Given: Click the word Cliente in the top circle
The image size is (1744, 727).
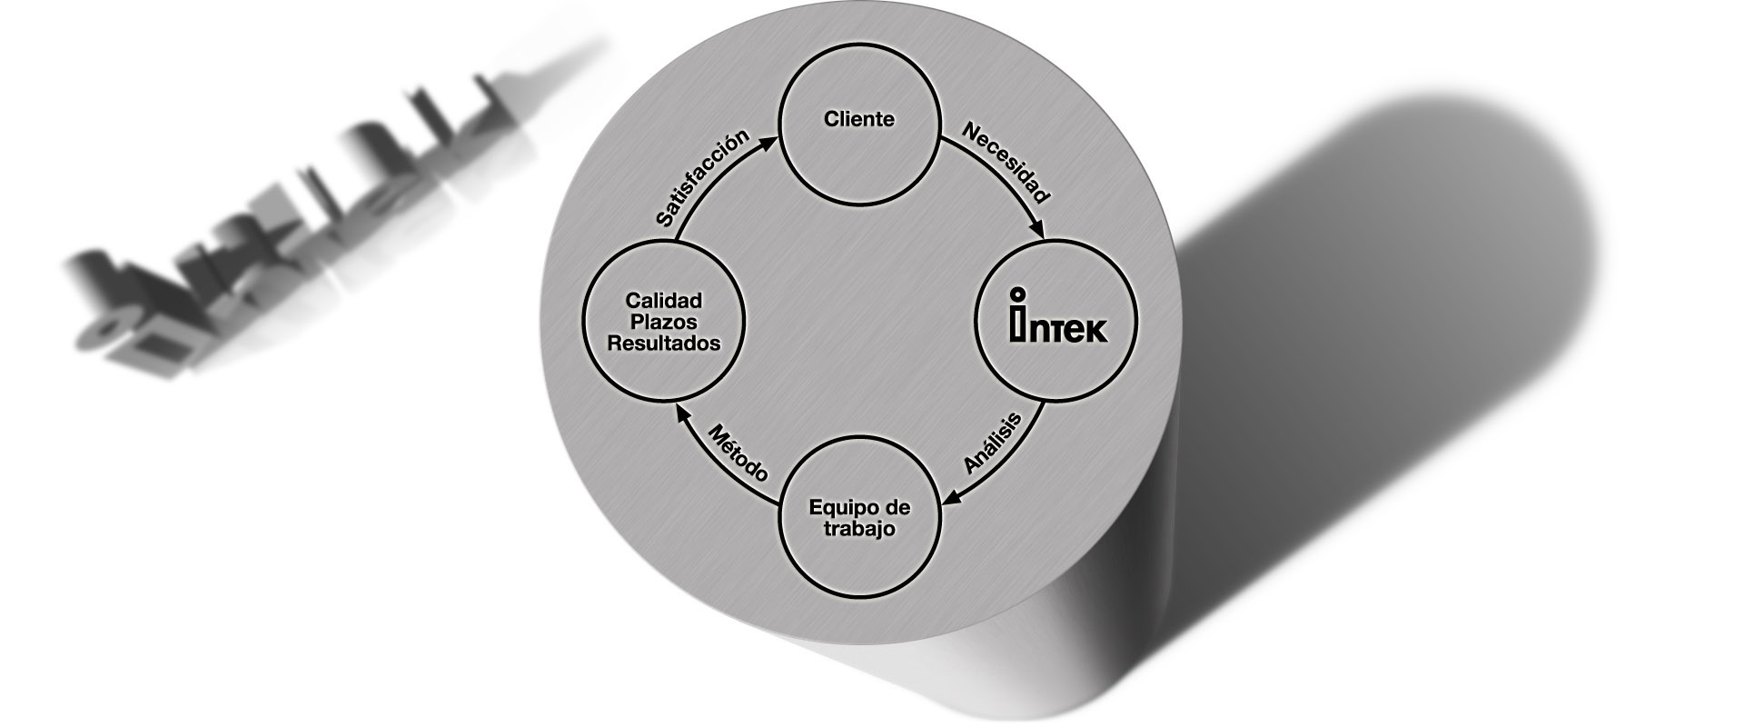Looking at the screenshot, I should click(858, 119).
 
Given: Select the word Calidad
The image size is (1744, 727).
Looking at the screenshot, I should click(663, 301).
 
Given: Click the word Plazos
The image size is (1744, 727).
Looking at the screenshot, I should click(663, 322).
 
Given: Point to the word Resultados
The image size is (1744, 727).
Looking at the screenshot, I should click(663, 344).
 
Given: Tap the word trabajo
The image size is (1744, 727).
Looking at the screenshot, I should click(858, 529).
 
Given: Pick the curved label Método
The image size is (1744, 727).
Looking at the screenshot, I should click(738, 452).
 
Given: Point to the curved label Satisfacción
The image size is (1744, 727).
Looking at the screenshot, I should click(702, 176).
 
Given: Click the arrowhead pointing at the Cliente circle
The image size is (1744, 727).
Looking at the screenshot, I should click(775, 138).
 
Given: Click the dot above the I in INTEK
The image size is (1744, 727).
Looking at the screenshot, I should click(1019, 294).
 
